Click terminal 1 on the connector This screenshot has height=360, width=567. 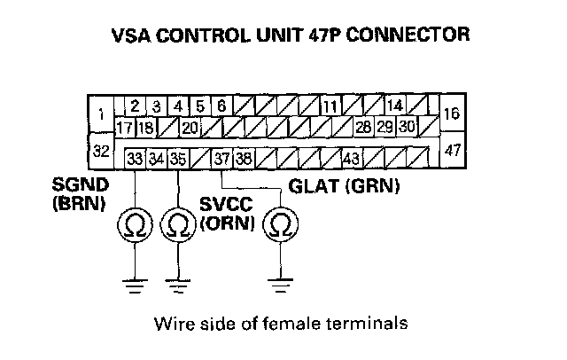click(101, 114)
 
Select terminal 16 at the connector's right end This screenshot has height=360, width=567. click(452, 113)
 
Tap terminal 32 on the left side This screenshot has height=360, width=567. click(101, 151)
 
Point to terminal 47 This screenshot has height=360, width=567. click(452, 150)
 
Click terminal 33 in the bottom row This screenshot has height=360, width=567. click(135, 159)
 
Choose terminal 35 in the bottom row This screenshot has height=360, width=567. click(178, 159)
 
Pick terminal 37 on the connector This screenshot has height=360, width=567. click(221, 159)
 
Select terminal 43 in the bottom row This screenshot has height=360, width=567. click(352, 159)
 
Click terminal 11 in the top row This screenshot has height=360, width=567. click(330, 106)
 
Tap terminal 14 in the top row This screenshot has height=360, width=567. click(395, 106)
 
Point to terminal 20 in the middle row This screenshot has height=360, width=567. click(190, 128)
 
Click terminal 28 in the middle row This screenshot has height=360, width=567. click(363, 127)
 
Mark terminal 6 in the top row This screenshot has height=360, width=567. click(221, 106)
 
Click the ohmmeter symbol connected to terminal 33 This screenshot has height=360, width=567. click(135, 225)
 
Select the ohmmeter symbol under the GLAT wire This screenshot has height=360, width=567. click(280, 224)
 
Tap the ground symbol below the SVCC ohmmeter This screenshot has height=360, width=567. click(177, 286)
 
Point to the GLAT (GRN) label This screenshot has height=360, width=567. click(344, 186)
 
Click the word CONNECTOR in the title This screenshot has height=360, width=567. click(408, 35)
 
